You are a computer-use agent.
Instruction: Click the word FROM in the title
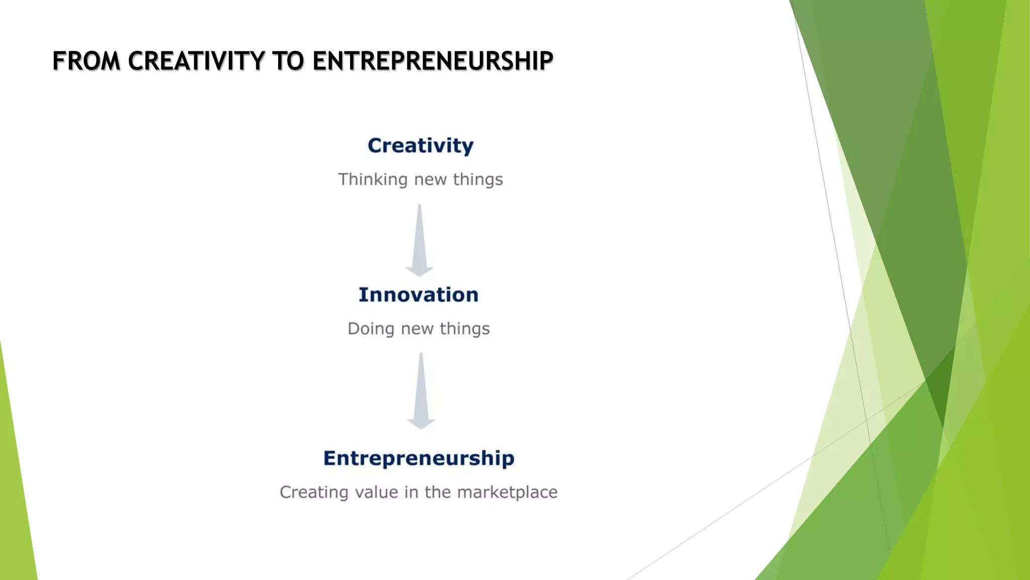coord(87,61)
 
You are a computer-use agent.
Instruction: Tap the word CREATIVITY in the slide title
coord(196,61)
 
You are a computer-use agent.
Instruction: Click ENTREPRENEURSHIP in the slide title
coord(433,61)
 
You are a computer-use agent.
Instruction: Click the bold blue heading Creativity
coord(420,146)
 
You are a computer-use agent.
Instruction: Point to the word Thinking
coord(373,179)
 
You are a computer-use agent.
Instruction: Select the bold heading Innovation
coord(418,295)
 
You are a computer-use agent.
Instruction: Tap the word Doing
coord(371,329)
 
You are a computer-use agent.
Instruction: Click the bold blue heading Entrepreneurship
coord(419,458)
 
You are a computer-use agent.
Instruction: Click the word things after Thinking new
coord(478,180)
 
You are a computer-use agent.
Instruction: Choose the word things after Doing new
coord(465,329)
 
